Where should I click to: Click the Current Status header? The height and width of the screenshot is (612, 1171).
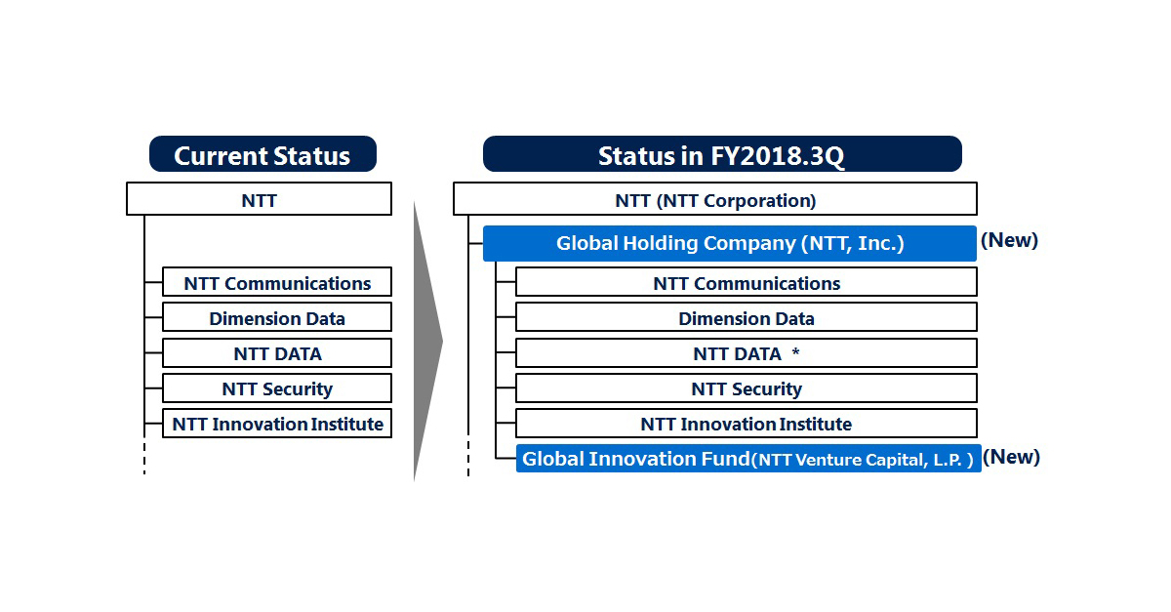pos(262,155)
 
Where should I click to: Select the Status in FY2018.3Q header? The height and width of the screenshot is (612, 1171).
pos(721,155)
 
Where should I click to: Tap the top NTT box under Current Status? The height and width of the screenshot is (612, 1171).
pos(259,199)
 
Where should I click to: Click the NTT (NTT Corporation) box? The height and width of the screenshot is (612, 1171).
pos(714,199)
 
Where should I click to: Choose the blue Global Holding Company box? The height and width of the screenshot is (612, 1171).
pos(729,243)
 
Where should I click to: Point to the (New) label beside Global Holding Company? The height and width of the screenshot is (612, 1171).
pos(1009,240)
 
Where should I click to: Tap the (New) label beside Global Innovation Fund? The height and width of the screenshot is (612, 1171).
pos(1011,457)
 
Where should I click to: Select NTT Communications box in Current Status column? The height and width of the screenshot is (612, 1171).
pos(277,283)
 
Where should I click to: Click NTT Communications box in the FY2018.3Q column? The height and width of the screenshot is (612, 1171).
pos(746,283)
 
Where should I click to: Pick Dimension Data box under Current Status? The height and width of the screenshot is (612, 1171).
pos(277,318)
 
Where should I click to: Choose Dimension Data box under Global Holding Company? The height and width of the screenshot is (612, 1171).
pos(746,318)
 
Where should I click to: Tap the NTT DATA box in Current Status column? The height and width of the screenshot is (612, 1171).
pos(277,353)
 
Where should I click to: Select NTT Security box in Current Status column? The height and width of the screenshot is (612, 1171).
pos(277,388)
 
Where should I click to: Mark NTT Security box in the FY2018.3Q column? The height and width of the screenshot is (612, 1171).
pos(746,388)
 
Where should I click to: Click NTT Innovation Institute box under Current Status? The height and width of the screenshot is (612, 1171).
pos(277,424)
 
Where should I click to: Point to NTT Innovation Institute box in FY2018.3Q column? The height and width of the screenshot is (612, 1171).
pos(746,424)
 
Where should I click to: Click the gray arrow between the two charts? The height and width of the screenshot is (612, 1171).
pos(427,342)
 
